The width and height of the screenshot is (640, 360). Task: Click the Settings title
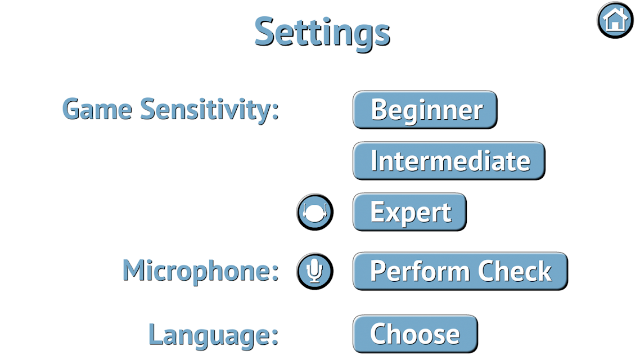click(x=322, y=33)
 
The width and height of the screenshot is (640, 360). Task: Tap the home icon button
click(x=615, y=20)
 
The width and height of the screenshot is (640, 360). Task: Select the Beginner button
click(x=425, y=110)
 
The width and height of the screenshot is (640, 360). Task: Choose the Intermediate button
click(x=449, y=161)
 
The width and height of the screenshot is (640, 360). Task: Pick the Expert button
click(x=410, y=212)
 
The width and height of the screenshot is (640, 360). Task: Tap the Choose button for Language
click(x=415, y=334)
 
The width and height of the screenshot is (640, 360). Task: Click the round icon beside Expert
click(x=315, y=212)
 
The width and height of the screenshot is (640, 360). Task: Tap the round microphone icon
click(x=315, y=272)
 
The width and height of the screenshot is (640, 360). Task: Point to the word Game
click(x=97, y=109)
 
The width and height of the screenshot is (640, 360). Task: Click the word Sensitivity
click(x=206, y=110)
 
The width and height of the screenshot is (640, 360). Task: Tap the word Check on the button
click(x=515, y=271)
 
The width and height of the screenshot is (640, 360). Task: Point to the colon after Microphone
click(x=274, y=272)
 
